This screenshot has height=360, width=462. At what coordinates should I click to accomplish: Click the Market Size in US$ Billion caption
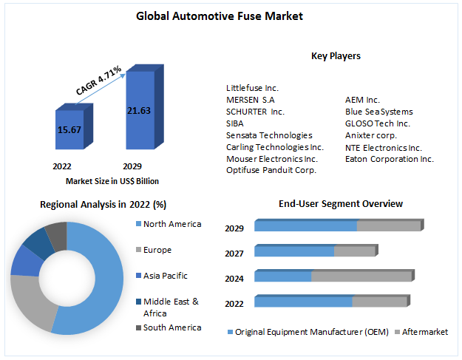coord(112,181)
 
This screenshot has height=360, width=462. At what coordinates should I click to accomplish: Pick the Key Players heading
coord(336,56)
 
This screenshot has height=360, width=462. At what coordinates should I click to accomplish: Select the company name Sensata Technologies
coord(269,135)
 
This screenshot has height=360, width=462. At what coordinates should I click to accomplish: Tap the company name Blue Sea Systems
coord(378,112)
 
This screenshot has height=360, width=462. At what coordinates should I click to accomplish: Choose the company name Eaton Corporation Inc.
coord(390,159)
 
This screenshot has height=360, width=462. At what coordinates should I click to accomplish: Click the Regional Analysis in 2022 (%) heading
coord(103,204)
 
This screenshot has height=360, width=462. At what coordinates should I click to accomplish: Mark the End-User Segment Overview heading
coord(340,204)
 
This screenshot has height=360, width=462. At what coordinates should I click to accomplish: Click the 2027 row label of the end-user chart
coord(235,253)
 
